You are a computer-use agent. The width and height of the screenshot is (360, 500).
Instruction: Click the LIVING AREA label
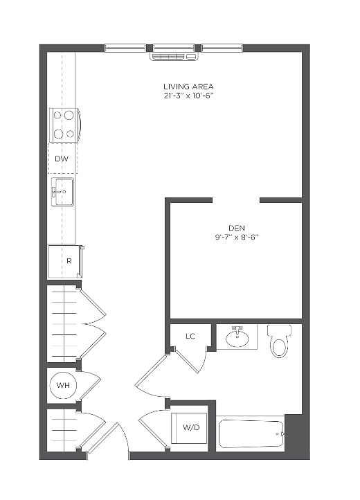188,87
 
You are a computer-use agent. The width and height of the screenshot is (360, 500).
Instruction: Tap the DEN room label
237,228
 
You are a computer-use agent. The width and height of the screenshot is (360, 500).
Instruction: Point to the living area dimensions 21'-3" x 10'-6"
188,96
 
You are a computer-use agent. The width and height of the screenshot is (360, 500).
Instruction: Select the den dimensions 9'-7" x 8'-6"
236,238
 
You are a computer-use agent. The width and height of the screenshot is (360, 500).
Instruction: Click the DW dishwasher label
62,159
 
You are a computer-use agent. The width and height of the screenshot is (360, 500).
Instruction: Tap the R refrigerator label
69,261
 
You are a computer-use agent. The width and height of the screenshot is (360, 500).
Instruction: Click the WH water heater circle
63,385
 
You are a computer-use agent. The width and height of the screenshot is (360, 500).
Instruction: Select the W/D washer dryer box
190,428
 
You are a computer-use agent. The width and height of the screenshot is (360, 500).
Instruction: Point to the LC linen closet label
190,336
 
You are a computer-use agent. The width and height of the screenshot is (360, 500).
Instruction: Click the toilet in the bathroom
279,341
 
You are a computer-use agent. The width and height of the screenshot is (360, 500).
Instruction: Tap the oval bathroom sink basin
237,339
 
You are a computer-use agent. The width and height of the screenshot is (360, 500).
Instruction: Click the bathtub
251,434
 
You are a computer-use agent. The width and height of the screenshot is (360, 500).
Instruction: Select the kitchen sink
63,191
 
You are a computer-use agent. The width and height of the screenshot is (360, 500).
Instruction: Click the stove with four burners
64,125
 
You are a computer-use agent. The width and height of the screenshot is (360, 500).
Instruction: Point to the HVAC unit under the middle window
174,57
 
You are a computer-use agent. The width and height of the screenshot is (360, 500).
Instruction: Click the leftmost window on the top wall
125,48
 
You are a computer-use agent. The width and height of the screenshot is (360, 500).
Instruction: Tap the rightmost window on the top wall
222,48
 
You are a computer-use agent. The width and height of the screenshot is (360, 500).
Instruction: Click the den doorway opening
236,200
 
